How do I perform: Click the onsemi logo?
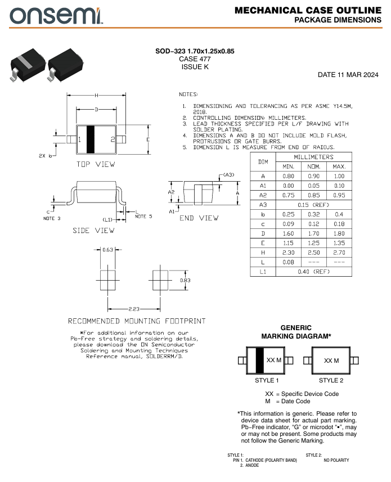56,16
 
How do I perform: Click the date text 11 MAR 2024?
358,75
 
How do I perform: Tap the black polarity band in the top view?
91,139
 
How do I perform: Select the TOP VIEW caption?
96,164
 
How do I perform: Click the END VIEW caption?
199,218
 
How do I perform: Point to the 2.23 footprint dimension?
134,309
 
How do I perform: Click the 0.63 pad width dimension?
107,250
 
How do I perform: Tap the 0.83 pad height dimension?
185,280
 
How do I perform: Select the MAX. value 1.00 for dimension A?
339,176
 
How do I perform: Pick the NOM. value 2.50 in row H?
313,253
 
